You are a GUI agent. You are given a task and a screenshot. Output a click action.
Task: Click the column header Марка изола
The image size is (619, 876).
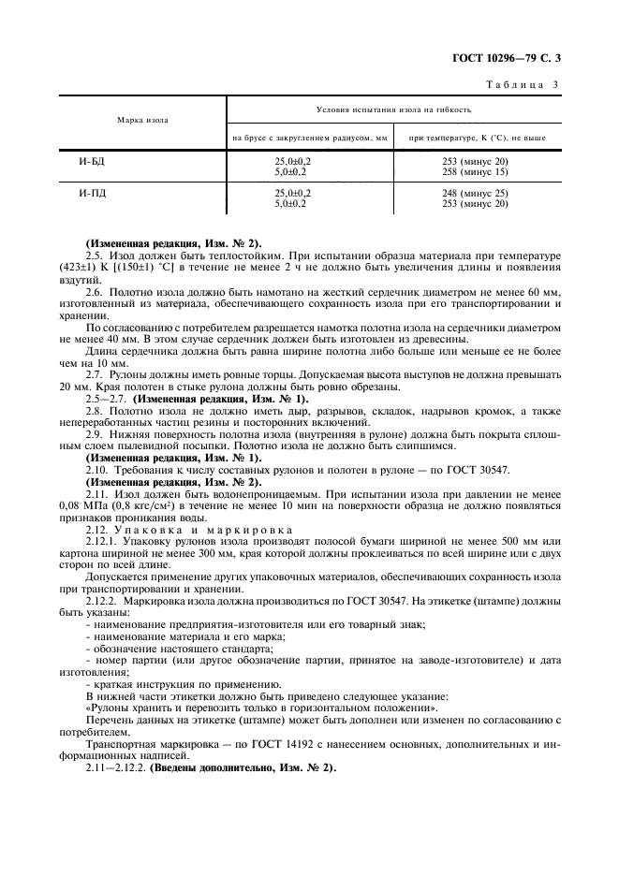142,121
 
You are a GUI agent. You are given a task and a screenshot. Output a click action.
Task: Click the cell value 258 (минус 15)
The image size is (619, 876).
475,172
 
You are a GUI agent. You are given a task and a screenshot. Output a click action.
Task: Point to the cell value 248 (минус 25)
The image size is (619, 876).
475,194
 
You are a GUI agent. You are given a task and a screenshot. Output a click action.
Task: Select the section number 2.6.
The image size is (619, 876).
94,292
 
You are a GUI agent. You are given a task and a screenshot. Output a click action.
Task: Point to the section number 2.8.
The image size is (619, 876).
94,411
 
